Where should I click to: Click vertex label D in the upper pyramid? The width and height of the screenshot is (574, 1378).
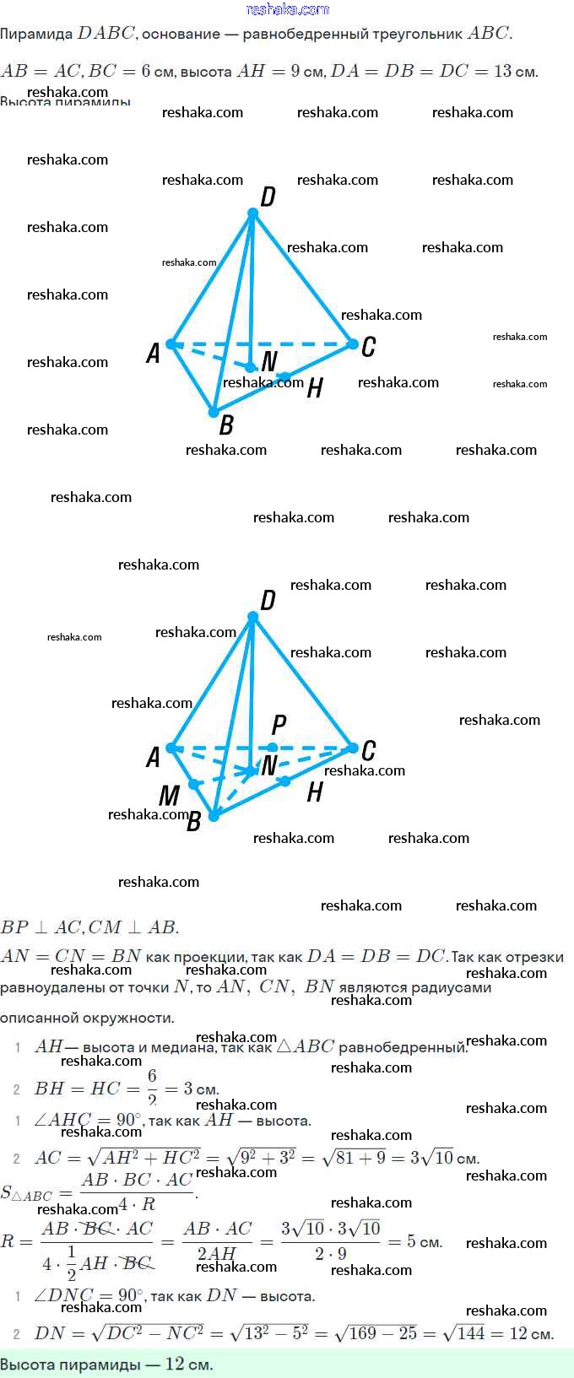(268, 197)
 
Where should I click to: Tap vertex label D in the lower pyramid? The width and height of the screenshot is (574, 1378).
(268, 600)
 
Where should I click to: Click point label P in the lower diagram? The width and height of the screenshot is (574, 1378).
(279, 724)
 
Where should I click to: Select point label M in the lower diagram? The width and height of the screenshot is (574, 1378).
(169, 795)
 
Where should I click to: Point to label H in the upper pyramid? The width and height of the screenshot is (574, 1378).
(315, 387)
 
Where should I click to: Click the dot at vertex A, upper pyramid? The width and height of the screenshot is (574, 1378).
(171, 344)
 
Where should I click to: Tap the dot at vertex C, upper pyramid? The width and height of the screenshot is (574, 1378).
(352, 343)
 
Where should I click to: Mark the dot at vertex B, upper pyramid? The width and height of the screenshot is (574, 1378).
(214, 412)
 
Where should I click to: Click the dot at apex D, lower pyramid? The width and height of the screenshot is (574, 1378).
(252, 617)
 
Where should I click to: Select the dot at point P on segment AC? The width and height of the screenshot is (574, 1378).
(273, 748)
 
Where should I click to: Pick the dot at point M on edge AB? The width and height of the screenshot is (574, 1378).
(193, 784)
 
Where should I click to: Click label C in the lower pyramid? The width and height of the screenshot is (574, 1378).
(368, 750)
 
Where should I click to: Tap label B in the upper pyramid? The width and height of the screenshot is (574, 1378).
(226, 425)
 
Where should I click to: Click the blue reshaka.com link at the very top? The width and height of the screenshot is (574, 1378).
(287, 9)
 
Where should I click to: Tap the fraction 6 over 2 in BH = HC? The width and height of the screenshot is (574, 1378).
(152, 1088)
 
